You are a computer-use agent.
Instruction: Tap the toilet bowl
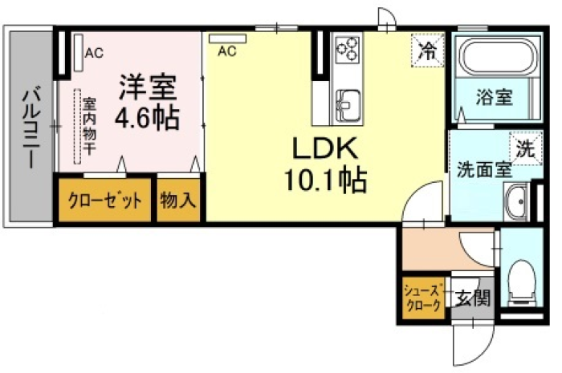click(522, 283)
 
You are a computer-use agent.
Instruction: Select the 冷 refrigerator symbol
click(428, 50)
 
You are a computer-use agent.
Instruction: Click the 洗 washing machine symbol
click(526, 148)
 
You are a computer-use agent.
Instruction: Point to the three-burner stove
click(348, 50)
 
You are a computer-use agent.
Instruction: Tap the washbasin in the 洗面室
click(517, 201)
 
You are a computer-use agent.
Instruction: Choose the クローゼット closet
click(104, 200)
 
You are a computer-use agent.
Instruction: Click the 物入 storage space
click(178, 200)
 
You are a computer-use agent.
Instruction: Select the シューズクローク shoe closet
click(422, 298)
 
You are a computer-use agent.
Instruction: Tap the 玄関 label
click(473, 298)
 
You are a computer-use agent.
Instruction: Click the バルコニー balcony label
click(31, 127)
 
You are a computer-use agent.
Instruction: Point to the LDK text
click(324, 148)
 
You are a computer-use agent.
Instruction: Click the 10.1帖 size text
click(325, 180)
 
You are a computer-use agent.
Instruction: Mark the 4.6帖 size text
click(147, 118)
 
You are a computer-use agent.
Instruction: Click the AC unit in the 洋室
click(79, 52)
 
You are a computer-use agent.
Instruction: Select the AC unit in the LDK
click(227, 39)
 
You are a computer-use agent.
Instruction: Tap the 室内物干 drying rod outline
click(77, 127)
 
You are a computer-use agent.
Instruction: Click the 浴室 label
click(495, 96)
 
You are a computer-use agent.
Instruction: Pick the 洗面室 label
click(484, 169)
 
